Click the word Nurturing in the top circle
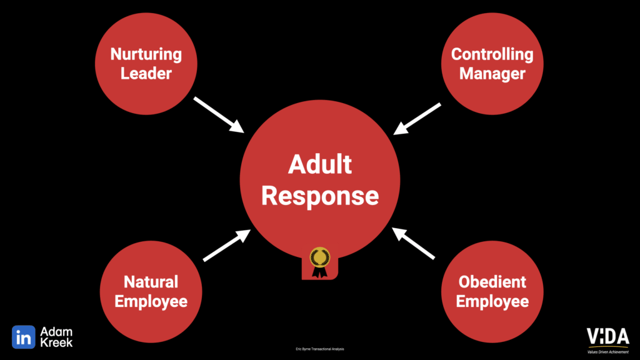[146, 54]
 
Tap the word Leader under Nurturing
[146, 73]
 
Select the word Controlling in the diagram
[492, 54]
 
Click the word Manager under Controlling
[492, 73]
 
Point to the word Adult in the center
[319, 164]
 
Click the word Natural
[151, 281]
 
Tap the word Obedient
[492, 281]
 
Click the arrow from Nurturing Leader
[219, 114]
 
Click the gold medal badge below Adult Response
[320, 261]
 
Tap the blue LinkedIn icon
[24, 337]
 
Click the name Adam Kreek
[57, 337]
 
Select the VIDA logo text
[607, 336]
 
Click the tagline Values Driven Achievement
[607, 351]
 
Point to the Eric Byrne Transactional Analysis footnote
[319, 349]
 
